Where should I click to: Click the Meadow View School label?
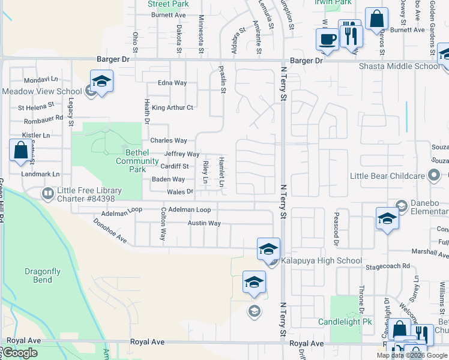41,91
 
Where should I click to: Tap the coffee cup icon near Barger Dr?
327,40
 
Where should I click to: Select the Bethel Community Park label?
137,161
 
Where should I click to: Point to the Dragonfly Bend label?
42,275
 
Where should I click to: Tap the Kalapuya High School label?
324,260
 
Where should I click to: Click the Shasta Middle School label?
399,66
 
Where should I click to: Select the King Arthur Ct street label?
172,108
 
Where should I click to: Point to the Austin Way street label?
204,223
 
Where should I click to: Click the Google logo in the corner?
20,353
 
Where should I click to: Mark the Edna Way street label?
172,83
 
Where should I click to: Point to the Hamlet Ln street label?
221,172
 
